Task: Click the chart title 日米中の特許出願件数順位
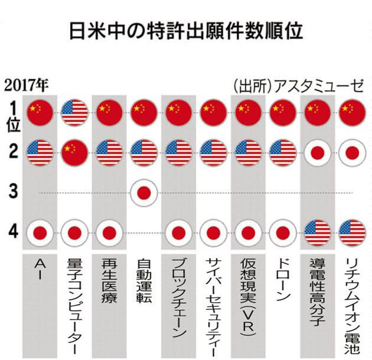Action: (x=186, y=31)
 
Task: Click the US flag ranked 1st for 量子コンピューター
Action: (x=74, y=112)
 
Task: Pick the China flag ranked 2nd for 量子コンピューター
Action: (x=74, y=153)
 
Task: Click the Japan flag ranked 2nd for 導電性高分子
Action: (x=318, y=153)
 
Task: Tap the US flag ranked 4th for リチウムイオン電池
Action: (x=352, y=232)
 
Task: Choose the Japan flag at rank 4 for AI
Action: (x=40, y=232)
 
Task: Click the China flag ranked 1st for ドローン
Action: (x=283, y=112)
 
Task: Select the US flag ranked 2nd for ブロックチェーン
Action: (x=178, y=153)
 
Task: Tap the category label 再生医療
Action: (x=109, y=281)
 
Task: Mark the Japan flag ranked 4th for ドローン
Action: (x=283, y=232)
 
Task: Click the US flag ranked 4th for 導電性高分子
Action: (x=318, y=232)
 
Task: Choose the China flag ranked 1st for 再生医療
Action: (x=109, y=112)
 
